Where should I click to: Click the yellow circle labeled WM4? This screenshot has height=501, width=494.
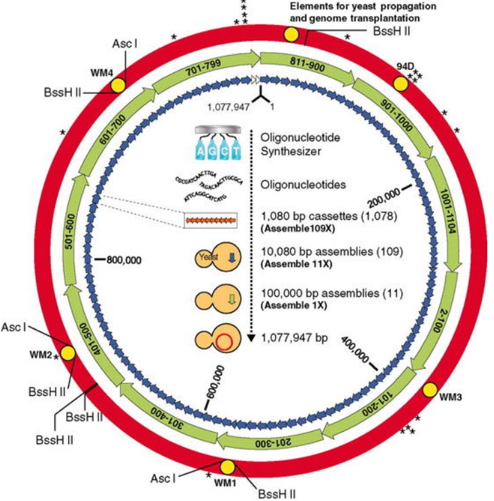click(117, 85)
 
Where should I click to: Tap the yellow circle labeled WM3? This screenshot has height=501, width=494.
click(430, 390)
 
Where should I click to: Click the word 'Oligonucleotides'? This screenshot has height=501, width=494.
click(299, 184)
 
